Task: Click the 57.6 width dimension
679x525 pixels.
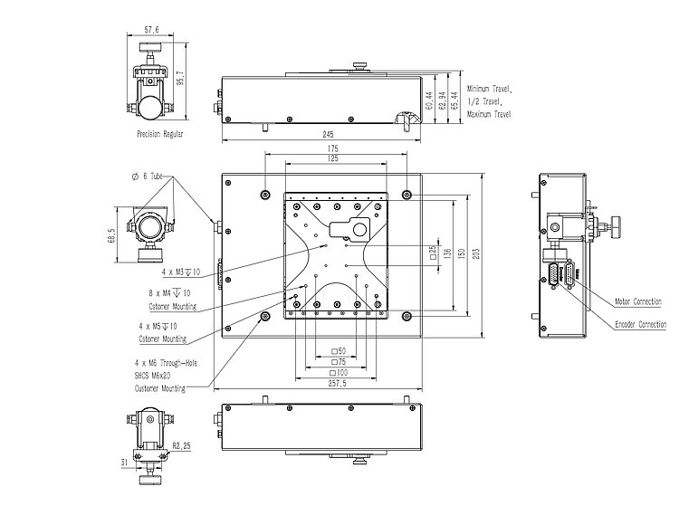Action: pyautogui.click(x=151, y=30)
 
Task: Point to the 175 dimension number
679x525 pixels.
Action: pyautogui.click(x=333, y=148)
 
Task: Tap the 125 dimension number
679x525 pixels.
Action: pyautogui.click(x=333, y=158)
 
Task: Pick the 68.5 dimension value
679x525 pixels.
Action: pyautogui.click(x=111, y=235)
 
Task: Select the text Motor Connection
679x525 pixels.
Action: pyautogui.click(x=638, y=301)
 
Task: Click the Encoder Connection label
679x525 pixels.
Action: pyautogui.click(x=640, y=324)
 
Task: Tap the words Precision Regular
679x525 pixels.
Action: pyautogui.click(x=160, y=134)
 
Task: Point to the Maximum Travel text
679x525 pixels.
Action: pyautogui.click(x=489, y=114)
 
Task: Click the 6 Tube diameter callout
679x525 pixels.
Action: pyautogui.click(x=147, y=176)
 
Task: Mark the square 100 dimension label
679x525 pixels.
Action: pyautogui.click(x=338, y=372)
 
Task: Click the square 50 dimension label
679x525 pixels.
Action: pyautogui.click(x=338, y=349)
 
